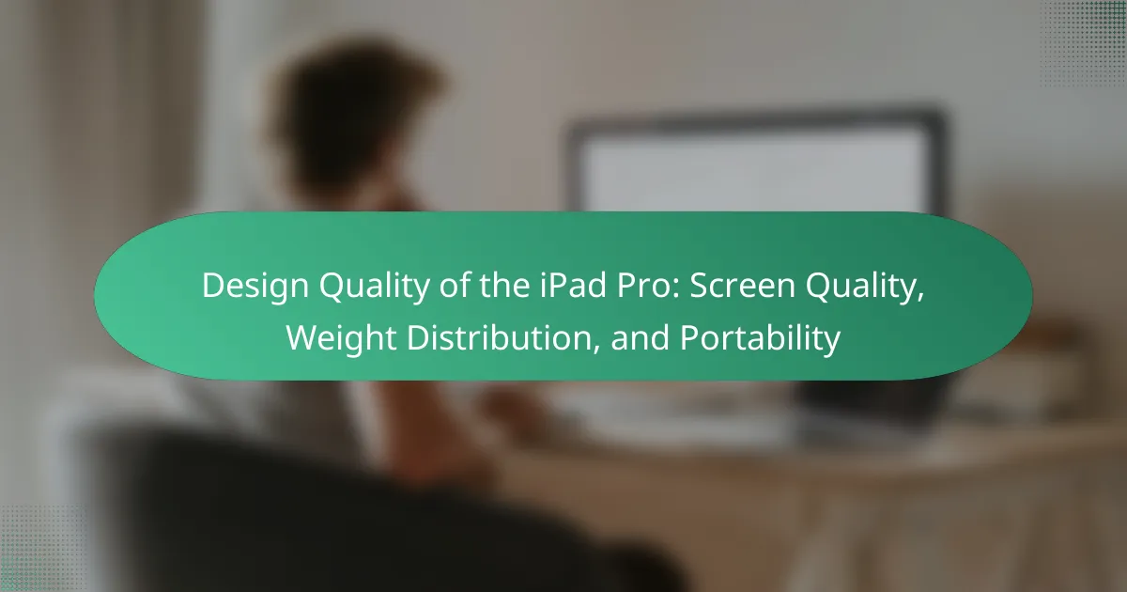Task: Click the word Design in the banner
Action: (255, 287)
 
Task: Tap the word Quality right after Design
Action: (374, 287)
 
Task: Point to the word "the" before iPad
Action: (504, 286)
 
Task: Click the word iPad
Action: (573, 286)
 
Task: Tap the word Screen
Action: (742, 286)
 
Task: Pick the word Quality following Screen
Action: (864, 287)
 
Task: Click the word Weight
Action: (341, 339)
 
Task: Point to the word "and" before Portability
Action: (640, 337)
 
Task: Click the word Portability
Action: (760, 339)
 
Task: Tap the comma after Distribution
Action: (596, 349)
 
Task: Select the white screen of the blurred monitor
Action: (755, 170)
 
